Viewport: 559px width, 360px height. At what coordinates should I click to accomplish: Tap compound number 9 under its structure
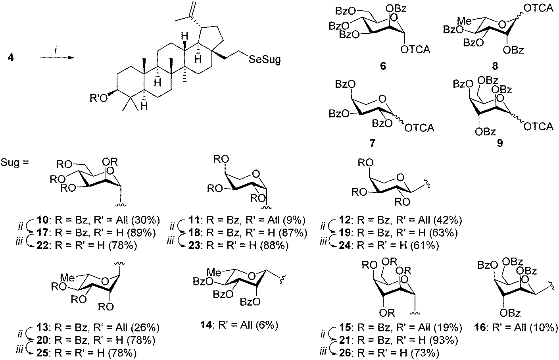point(499,142)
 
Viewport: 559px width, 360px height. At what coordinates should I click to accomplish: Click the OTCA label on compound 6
point(415,50)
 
